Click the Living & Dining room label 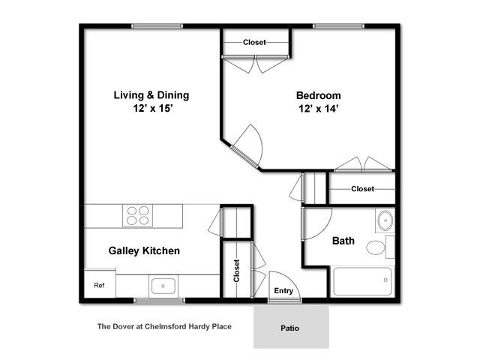pos(151,95)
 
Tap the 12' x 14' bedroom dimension pos(318,109)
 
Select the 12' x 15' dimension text pos(153,108)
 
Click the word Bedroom pos(318,95)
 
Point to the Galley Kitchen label pos(144,251)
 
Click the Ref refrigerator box pos(100,283)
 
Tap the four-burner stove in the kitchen pos(138,215)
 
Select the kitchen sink pos(163,286)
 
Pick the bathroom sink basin pos(385,220)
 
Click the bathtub pos(362,281)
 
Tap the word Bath pos(343,241)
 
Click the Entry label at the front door pos(283,291)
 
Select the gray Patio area pos(291,327)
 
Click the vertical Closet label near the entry pos(236,271)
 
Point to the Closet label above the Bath pos(362,189)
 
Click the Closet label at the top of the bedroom pos(254,42)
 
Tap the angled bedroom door pos(247,147)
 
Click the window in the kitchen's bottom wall pos(160,301)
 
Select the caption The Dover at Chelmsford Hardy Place pos(164,327)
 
